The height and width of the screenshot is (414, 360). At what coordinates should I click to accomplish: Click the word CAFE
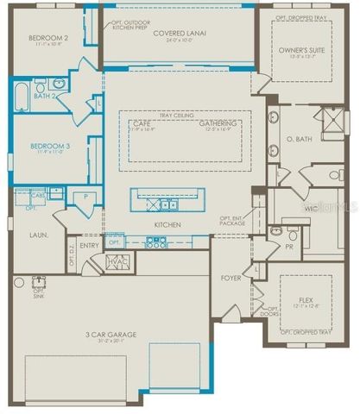point(142,123)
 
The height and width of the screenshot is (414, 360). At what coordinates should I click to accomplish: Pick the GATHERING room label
point(218,123)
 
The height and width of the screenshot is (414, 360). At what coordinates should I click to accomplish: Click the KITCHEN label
point(167,225)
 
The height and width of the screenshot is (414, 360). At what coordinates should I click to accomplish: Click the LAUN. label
point(37,234)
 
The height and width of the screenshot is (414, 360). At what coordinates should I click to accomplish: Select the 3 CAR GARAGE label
point(111,335)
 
